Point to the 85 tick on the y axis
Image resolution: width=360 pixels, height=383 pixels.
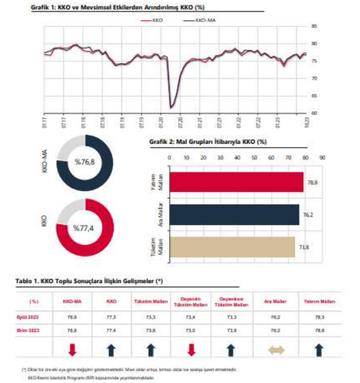314,26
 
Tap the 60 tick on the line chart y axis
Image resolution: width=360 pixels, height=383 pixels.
314,113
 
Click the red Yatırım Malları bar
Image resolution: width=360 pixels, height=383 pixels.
236,182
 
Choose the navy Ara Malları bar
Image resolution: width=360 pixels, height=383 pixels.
234,214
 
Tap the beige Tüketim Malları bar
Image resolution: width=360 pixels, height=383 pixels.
232,246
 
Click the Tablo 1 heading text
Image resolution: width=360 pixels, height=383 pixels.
89,281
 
